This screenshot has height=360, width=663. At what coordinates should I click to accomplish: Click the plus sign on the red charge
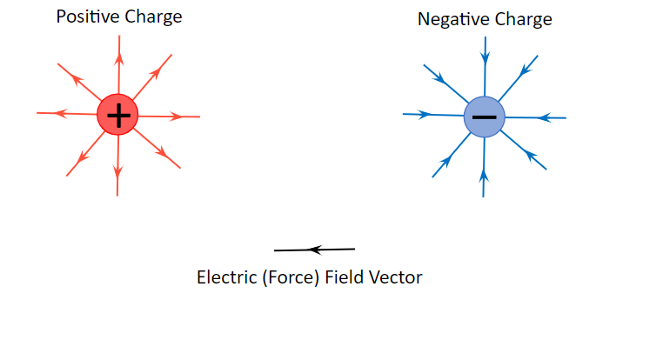click(117, 115)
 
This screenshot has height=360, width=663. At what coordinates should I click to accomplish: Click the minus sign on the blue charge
click(485, 117)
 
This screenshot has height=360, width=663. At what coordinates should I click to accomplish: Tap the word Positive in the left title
click(85, 17)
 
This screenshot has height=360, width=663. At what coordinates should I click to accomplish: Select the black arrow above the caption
click(315, 250)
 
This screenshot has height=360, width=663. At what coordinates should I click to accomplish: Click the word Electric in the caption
click(226, 278)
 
